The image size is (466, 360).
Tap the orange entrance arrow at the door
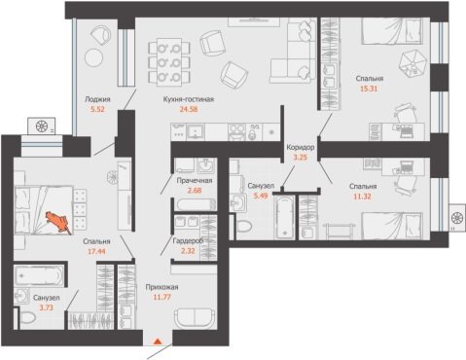[158, 341]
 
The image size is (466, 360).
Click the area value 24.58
[189, 109]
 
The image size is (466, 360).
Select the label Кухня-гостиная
[189, 99]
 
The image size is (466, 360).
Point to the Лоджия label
[97, 99]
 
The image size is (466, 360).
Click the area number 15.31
[369, 89]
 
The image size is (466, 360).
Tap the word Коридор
[301, 148]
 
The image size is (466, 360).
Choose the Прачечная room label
[195, 180]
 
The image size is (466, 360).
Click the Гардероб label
[188, 240]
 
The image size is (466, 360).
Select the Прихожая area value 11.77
[161, 297]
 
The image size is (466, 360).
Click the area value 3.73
[46, 307]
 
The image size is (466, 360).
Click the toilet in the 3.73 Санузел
[27, 318]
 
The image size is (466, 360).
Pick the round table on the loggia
[94, 57]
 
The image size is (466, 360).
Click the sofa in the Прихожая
[195, 318]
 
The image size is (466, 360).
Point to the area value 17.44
[96, 251]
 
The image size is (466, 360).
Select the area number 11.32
[362, 197]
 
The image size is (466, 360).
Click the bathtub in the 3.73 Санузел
[38, 275]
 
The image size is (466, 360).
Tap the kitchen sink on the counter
[196, 132]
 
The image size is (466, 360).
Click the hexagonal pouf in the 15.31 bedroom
[412, 62]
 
